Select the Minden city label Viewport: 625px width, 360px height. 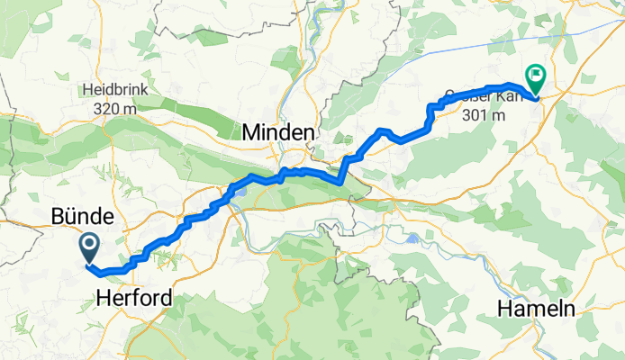pyautogui.click(x=278, y=133)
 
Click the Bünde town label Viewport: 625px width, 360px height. pyautogui.click(x=82, y=217)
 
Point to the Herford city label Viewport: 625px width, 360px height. pyautogui.click(x=133, y=297)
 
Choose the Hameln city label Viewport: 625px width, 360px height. pyautogui.click(x=536, y=309)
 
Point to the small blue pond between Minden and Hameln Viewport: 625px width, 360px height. pyautogui.click(x=412, y=239)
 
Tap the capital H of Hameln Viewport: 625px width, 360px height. pyautogui.click(x=504, y=309)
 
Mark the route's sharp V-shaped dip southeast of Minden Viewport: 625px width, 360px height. pyautogui.click(x=341, y=181)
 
